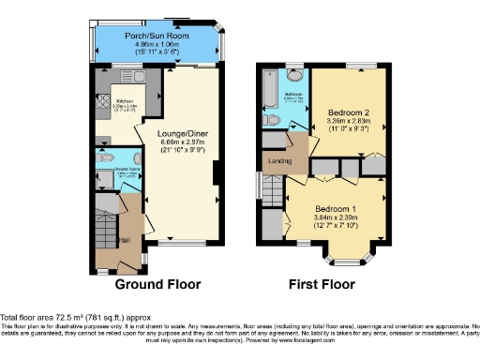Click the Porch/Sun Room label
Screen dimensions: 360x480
[x=157, y=36]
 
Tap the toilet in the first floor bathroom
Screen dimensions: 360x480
[x=270, y=121]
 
